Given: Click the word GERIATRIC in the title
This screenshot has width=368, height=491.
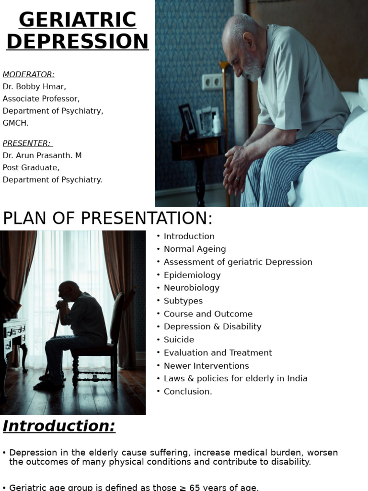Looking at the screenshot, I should (77, 20).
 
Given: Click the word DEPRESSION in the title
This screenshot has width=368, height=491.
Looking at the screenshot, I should (77, 41).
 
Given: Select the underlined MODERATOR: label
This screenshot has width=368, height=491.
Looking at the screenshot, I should (29, 74).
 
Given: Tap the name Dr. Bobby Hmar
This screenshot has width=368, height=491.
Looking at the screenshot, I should (34, 87).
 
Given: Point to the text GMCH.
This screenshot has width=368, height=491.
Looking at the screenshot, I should (16, 123).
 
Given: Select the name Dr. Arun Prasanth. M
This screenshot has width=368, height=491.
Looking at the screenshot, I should (42, 155).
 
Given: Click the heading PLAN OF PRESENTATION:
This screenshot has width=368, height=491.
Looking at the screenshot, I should (108, 218).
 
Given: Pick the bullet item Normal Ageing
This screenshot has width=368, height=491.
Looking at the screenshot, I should (195, 249).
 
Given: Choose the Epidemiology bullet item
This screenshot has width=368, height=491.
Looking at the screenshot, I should (192, 275).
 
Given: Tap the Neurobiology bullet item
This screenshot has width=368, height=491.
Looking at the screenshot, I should (191, 288).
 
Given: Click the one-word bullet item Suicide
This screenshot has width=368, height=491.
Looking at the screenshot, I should (179, 339).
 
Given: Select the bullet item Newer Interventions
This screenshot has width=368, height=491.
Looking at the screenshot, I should (206, 365).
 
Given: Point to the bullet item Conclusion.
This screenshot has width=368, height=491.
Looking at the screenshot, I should (187, 391).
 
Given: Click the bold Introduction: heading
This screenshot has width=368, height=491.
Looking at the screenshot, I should (59, 426).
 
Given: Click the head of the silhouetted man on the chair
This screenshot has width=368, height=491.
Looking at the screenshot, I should (69, 290).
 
